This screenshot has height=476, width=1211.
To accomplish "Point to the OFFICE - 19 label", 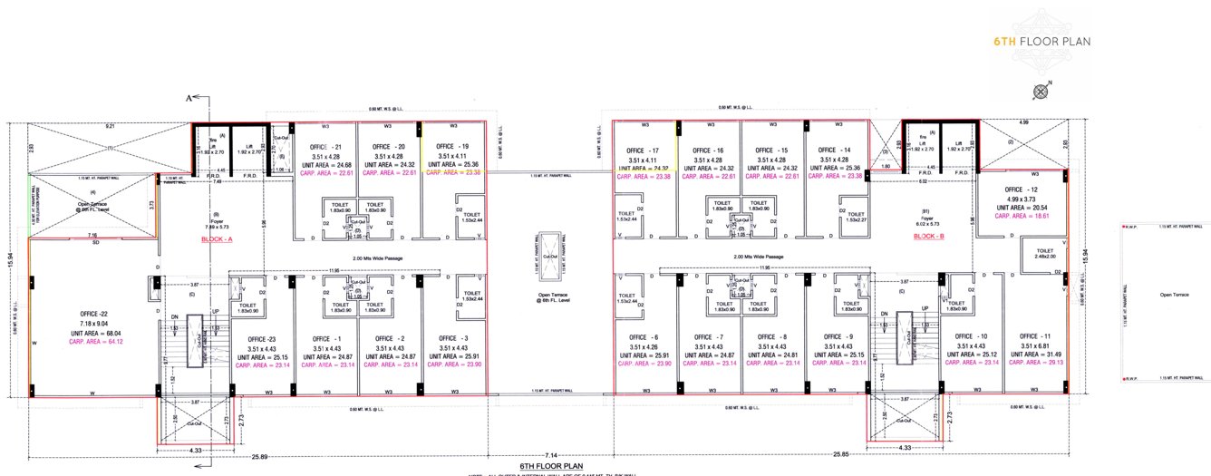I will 452,146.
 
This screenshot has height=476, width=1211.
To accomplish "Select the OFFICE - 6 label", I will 642,336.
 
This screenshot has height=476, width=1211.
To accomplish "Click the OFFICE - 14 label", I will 833,151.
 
